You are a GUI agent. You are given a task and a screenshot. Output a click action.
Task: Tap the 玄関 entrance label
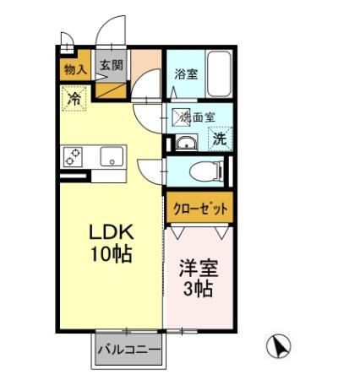pos(109,66)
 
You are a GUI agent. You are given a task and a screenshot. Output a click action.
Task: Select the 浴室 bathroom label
pos(186,74)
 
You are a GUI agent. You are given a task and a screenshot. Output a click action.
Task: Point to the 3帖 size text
pos(199,290)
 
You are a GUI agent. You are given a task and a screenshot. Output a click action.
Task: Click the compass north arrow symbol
pos(278,345)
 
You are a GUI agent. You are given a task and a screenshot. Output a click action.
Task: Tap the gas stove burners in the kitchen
pos(72,157)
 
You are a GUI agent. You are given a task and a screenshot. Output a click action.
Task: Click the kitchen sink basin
pos(111,156)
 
